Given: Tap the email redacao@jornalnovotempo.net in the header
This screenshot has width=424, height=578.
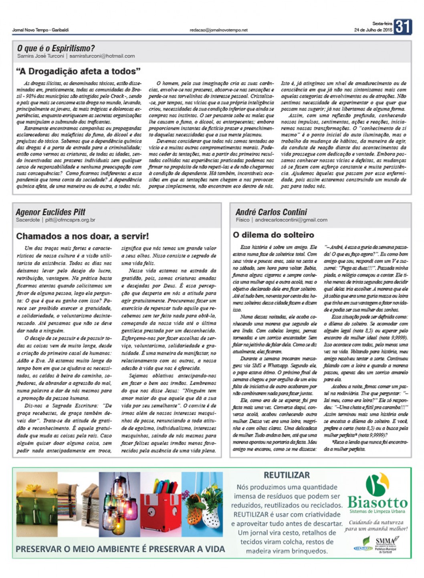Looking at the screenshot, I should [x=218, y=30].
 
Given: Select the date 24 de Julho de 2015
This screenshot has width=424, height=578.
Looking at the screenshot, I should [x=373, y=30].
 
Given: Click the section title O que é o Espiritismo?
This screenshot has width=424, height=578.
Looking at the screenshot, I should [x=56, y=48].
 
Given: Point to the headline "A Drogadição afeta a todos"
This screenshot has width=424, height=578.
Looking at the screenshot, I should [x=78, y=71].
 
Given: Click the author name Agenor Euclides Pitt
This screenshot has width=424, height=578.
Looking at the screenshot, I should [x=50, y=212].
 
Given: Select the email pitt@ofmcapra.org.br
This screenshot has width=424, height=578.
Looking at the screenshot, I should [x=70, y=220].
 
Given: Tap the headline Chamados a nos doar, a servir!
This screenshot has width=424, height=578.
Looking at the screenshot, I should [x=82, y=236].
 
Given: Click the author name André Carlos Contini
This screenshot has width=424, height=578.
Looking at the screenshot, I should [x=271, y=212].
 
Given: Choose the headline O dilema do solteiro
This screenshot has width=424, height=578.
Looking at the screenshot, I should [x=273, y=235].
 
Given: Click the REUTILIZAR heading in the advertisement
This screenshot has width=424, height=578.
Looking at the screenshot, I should [x=287, y=475].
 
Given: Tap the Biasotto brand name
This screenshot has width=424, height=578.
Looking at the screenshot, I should [x=377, y=502].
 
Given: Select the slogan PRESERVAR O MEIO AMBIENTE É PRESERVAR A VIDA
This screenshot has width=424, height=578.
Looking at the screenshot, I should [x=120, y=549].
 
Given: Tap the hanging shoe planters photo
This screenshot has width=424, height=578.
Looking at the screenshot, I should [x=202, y=504].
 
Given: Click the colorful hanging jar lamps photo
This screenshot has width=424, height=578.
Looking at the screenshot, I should [x=119, y=504].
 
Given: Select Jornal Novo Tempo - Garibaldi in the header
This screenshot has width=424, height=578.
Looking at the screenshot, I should [x=40, y=30].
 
